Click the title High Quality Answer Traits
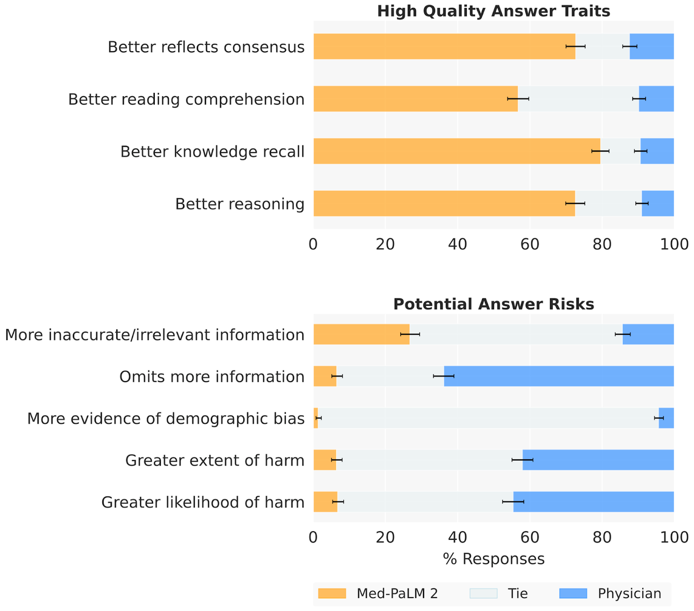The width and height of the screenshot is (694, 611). [x=494, y=11]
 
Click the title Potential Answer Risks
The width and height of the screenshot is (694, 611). [x=494, y=304]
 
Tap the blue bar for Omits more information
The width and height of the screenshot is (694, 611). [x=559, y=376]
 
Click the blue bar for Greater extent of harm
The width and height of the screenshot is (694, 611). [x=598, y=460]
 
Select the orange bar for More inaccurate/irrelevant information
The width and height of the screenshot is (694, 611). [x=361, y=334]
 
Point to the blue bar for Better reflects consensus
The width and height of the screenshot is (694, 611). [x=651, y=46]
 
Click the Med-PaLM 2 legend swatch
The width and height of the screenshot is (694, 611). [x=332, y=594]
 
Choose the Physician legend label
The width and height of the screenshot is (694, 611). [x=629, y=594]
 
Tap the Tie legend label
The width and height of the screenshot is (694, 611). [x=517, y=594]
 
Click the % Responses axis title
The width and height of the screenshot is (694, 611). [x=494, y=559]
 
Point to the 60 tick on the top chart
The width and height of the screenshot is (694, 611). [x=530, y=244]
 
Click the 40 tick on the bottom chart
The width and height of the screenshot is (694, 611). [x=457, y=537]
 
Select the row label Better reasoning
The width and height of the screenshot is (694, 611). [x=240, y=204]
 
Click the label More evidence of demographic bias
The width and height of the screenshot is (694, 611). [x=166, y=418]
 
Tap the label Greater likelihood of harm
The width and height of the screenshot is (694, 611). [x=203, y=502]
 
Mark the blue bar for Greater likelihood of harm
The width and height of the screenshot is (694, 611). [x=594, y=502]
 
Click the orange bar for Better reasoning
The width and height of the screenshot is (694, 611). [x=444, y=203]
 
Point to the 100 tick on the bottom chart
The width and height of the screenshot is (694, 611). [x=673, y=537]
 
